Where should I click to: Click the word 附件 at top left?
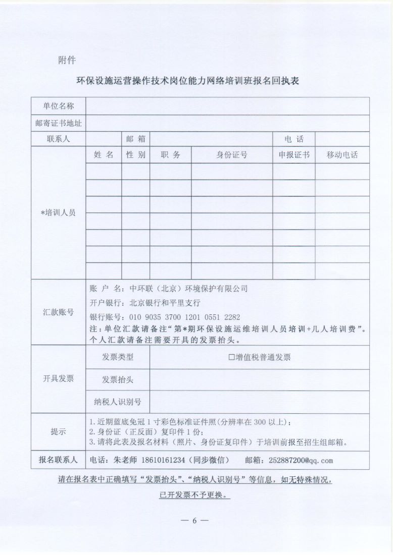[x=67, y=60]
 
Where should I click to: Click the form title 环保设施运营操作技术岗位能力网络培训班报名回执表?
[x=187, y=81]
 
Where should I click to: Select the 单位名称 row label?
[x=59, y=106]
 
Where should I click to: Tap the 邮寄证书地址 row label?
[x=59, y=123]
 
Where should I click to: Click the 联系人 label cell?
[x=59, y=139]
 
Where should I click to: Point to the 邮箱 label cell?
[x=135, y=139]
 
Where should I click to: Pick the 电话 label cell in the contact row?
[x=294, y=139]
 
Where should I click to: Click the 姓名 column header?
[x=104, y=155]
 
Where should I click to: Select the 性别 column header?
[x=135, y=155]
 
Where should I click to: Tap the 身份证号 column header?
[x=232, y=155]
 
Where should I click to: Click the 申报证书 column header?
[x=294, y=155]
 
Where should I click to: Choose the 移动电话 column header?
[x=342, y=155]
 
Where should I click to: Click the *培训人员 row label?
[x=59, y=212]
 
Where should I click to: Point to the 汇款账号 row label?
[x=59, y=312]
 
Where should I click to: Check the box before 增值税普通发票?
[x=231, y=357]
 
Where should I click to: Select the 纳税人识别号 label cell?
[x=118, y=402]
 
